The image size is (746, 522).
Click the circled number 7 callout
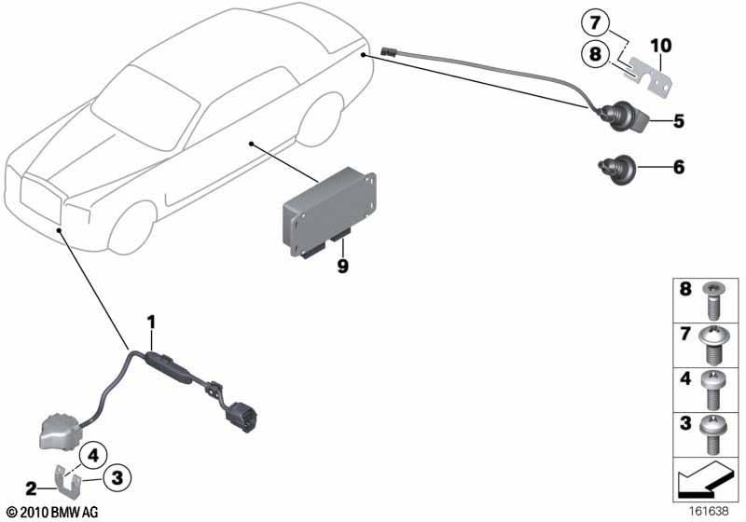[595, 23]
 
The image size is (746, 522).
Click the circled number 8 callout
[595, 54]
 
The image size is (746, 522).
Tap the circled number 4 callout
[93, 456]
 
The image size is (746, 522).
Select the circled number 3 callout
[117, 477]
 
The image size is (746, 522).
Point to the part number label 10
[661, 46]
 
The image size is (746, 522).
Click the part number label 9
[342, 266]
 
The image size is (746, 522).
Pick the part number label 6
[679, 167]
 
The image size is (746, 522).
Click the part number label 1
[151, 323]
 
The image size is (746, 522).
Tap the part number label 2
[31, 488]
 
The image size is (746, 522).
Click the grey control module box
[329, 212]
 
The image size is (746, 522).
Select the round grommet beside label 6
[616, 170]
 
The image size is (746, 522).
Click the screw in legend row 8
[713, 300]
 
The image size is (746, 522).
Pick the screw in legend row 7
[712, 345]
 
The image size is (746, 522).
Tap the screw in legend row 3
[712, 434]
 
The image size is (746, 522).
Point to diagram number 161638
[709, 512]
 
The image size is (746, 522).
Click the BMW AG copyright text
[53, 513]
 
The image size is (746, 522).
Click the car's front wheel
[132, 228]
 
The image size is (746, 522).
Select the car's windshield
[145, 107]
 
